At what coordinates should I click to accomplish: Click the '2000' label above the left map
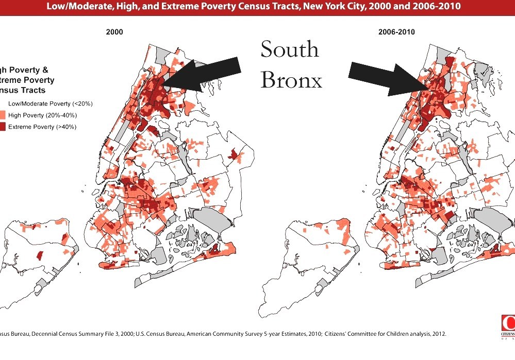pos(114,32)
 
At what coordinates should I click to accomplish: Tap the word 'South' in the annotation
pos(290,49)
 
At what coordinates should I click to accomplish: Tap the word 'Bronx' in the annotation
pos(291,80)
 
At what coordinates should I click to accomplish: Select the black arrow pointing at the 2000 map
pos(204,74)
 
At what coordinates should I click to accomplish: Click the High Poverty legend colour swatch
pos(3,115)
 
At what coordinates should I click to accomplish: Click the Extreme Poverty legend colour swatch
pos(3,127)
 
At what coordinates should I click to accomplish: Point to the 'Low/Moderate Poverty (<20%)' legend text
pos(51,104)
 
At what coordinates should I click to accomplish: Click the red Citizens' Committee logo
pos(508,321)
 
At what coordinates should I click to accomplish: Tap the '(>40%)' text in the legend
pos(65,127)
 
